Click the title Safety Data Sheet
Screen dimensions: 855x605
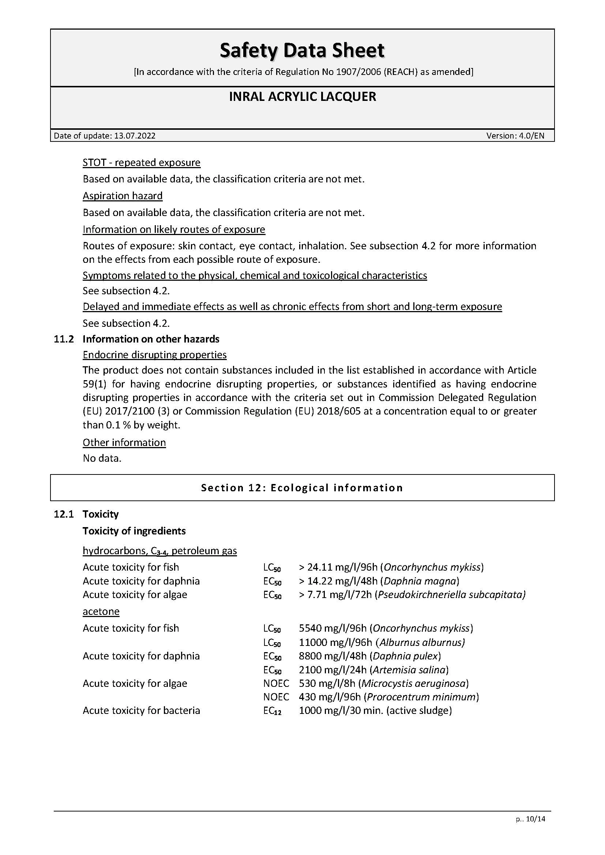coord(302,51)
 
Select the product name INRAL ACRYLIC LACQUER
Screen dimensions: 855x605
coord(302,97)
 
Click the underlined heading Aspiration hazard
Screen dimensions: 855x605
coord(123,196)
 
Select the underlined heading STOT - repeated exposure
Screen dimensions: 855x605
coord(142,163)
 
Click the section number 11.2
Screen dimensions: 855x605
coord(64,339)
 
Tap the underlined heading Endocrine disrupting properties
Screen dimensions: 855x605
coord(155,355)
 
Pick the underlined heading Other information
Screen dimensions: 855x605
coord(124,442)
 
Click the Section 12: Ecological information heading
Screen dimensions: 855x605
coord(302,488)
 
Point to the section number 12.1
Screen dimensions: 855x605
coord(64,514)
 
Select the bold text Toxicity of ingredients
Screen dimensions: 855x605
coord(134,531)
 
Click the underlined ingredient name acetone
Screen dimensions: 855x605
coord(101,612)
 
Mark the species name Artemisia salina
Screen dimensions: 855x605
coord(409,670)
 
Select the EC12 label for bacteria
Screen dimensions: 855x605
coord(272,711)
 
